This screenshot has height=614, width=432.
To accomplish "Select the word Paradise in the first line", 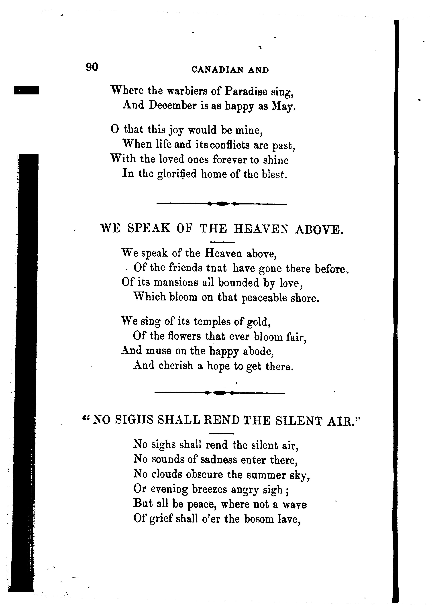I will tap(246, 92).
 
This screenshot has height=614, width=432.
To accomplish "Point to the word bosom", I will tap(259, 519).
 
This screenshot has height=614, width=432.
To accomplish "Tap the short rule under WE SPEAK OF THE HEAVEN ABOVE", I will tap(222, 242).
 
